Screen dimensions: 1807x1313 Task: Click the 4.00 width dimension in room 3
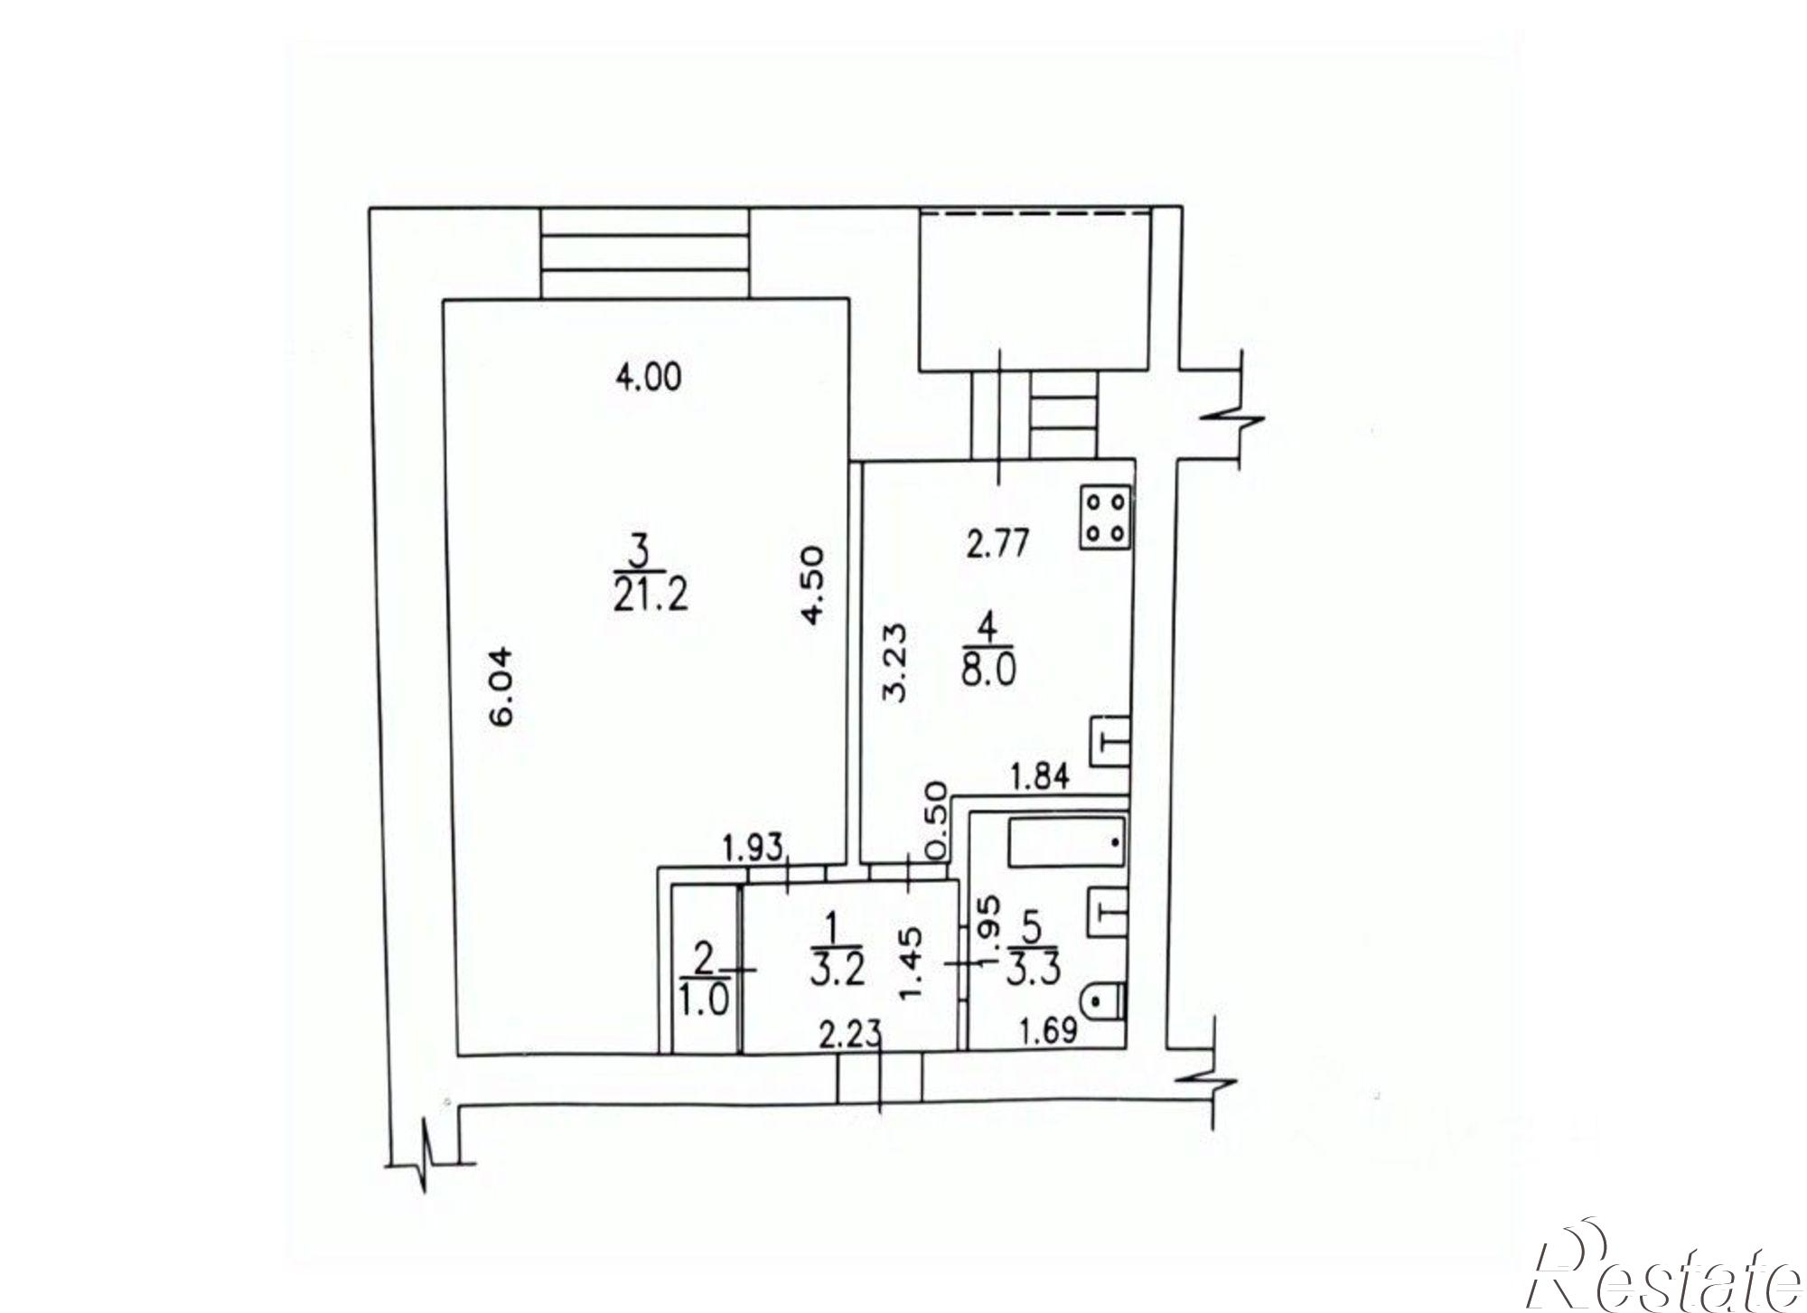[648, 376]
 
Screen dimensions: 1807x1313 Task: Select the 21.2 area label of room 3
[651, 596]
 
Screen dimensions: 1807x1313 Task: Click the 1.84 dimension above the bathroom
[1039, 776]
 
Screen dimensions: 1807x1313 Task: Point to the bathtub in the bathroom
[1066, 842]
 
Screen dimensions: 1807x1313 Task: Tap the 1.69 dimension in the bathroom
[1049, 1029]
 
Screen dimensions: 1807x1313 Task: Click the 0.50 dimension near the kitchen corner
[936, 821]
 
